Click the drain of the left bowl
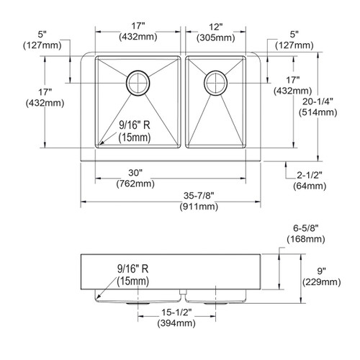pos(138,83)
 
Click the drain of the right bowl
pos(215,83)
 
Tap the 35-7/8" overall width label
pos(199,196)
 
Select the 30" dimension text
pos(135,173)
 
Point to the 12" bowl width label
pos(216,27)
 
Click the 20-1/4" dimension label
pos(318,102)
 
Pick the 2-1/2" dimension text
pos(310,175)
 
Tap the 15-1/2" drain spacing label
pos(176,312)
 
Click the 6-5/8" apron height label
pos(306,228)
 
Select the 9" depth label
pos(321,271)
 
